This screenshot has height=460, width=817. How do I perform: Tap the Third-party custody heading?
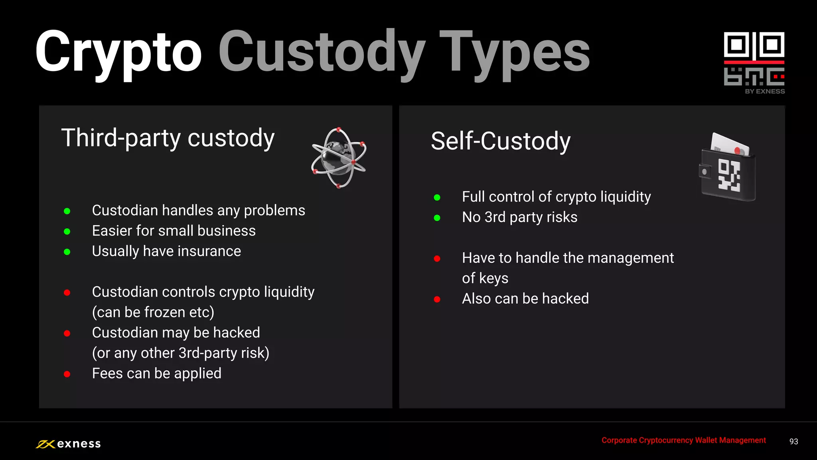pyautogui.click(x=168, y=138)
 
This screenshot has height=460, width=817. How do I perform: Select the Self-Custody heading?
pyautogui.click(x=501, y=141)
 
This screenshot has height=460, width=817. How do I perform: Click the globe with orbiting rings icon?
pyautogui.click(x=339, y=158)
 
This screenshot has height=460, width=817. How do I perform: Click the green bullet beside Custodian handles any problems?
pyautogui.click(x=67, y=211)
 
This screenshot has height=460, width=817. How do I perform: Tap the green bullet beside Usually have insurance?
pyautogui.click(x=67, y=252)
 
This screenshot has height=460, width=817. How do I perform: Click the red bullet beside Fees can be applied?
pyautogui.click(x=67, y=374)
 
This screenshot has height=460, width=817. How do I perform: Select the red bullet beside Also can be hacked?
pyautogui.click(x=437, y=299)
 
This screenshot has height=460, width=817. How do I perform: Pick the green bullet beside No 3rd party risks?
pyautogui.click(x=437, y=218)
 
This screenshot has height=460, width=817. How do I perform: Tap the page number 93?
pyautogui.click(x=793, y=442)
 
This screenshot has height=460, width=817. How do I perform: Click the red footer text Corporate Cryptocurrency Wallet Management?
pyautogui.click(x=683, y=440)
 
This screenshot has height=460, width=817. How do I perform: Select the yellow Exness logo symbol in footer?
pyautogui.click(x=45, y=444)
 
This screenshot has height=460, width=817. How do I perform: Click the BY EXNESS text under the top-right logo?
pyautogui.click(x=765, y=91)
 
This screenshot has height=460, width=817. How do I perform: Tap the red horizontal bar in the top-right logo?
pyautogui.click(x=754, y=62)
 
